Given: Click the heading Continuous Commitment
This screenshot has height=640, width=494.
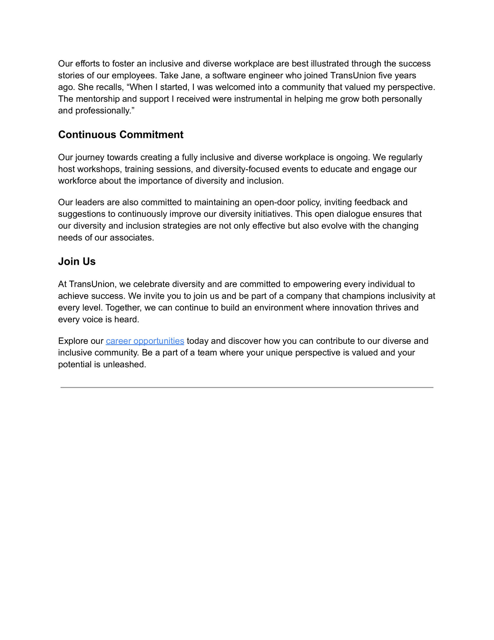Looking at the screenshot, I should coord(121,135).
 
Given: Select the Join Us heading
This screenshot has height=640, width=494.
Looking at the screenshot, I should coord(77,262).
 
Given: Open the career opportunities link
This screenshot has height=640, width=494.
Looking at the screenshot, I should coord(145,341).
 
